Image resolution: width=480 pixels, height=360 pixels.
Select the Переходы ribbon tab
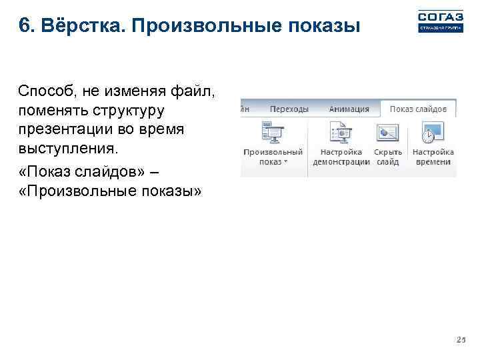[x=289, y=109]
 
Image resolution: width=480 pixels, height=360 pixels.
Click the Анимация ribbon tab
[x=349, y=109]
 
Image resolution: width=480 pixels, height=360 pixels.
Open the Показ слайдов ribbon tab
[x=418, y=109]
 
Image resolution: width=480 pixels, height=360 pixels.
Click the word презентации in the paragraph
[x=65, y=127]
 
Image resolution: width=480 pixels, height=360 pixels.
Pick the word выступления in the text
[x=67, y=145]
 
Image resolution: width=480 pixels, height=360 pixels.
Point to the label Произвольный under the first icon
[x=273, y=152]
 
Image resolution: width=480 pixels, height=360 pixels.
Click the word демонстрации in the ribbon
[x=341, y=162]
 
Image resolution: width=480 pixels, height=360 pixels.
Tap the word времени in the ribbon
[x=433, y=162]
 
